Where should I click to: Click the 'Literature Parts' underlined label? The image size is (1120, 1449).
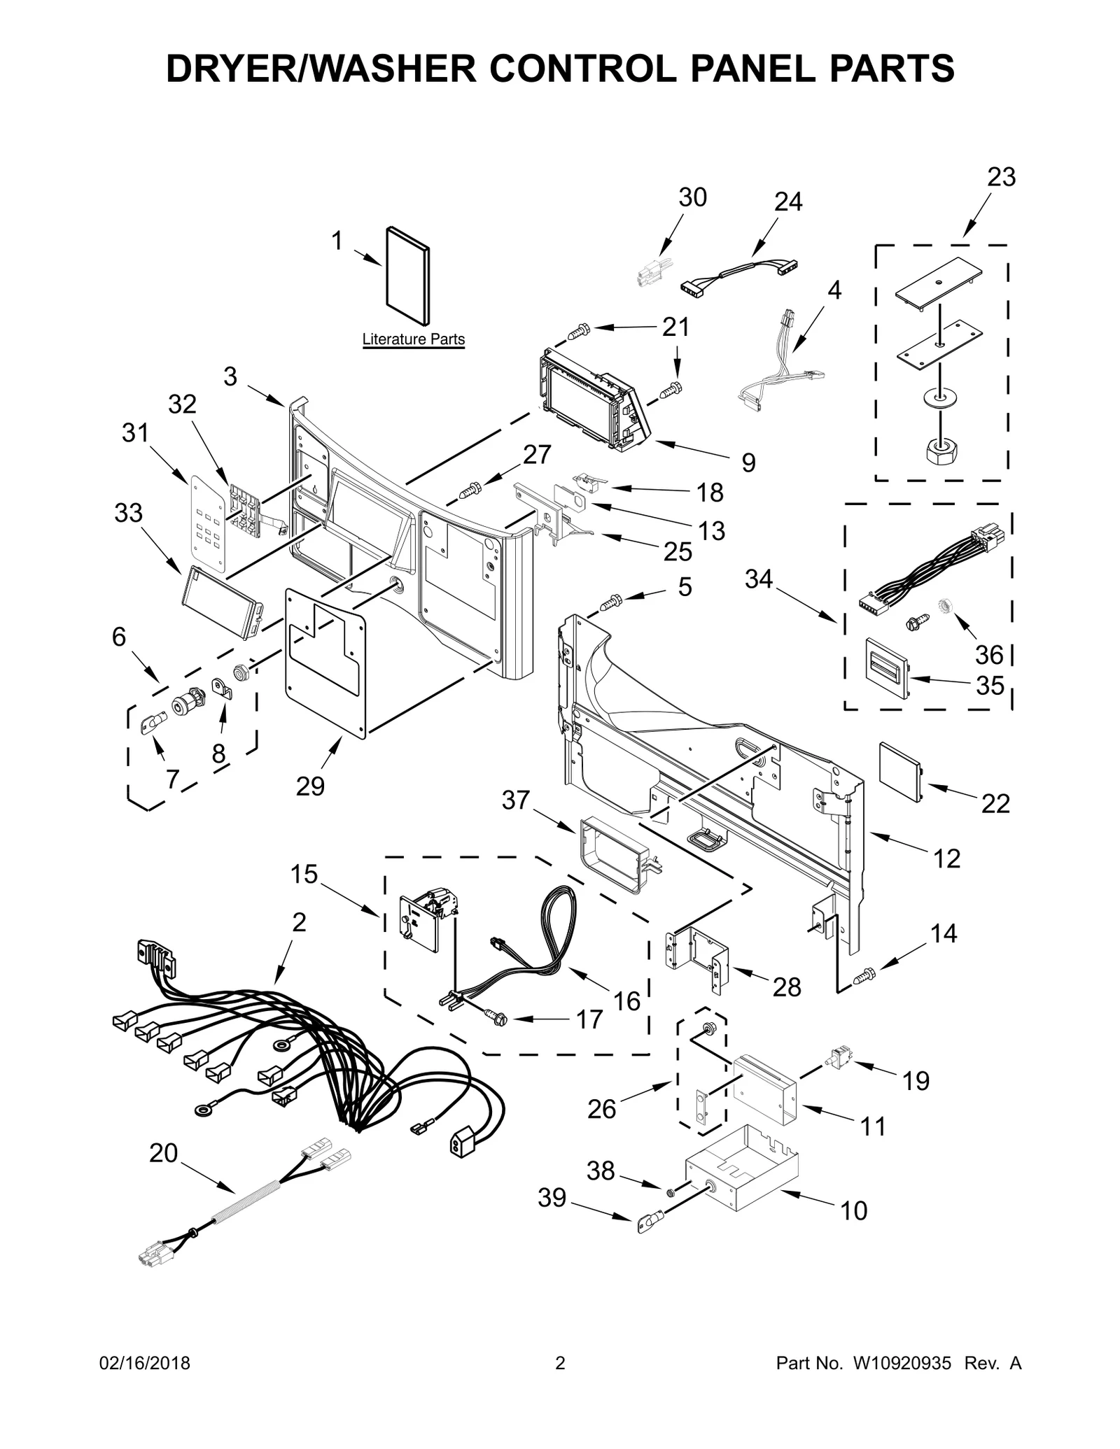pos(413,339)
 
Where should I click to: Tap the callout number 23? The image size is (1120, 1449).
pos(1000,178)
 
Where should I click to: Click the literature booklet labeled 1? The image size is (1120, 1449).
pos(408,276)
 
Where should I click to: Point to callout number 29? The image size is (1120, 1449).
pos(310,786)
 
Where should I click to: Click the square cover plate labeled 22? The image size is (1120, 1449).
pos(900,772)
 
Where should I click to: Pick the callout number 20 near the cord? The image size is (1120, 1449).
pos(164,1153)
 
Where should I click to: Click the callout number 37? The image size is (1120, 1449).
pos(516,800)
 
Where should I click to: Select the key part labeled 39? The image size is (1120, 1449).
pos(647,1224)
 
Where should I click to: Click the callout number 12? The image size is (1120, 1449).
pos(946,858)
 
